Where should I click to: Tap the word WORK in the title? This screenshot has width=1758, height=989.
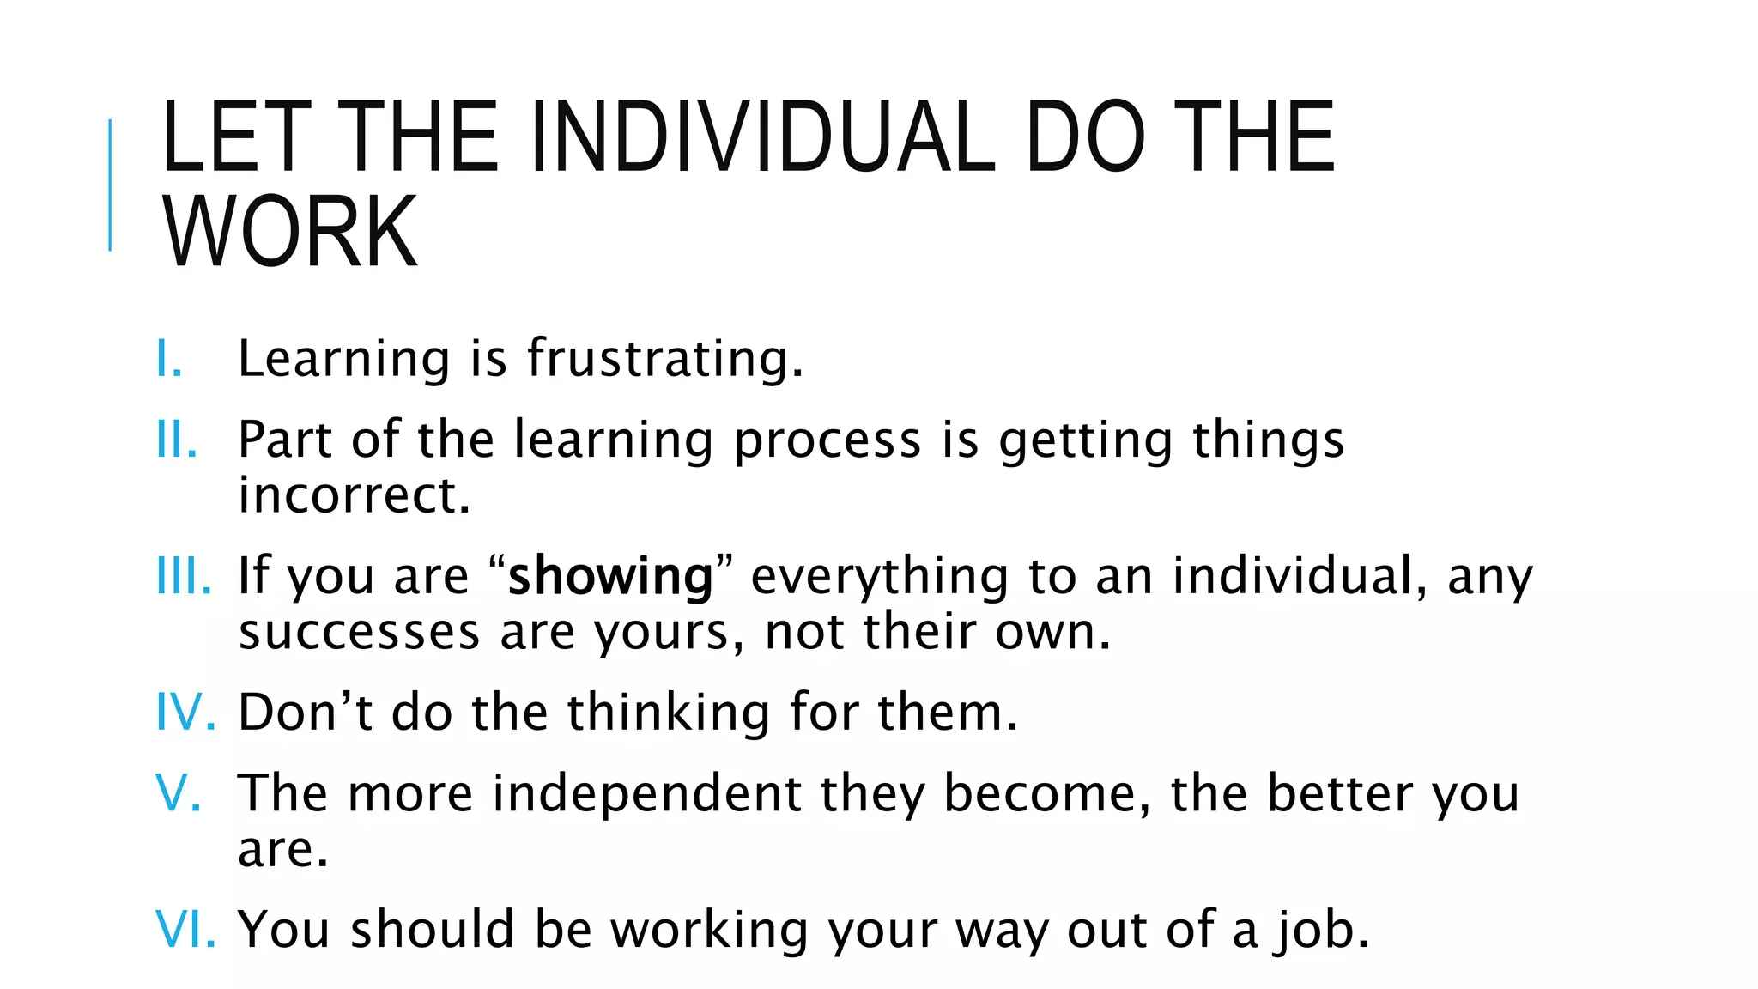pyautogui.click(x=289, y=232)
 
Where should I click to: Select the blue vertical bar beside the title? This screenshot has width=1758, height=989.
pyautogui.click(x=110, y=185)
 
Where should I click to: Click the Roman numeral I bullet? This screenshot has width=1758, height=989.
pyautogui.click(x=168, y=359)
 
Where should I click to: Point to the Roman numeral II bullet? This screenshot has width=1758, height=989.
pyautogui.click(x=176, y=440)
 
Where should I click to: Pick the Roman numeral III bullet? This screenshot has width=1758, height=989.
pyautogui.click(x=183, y=576)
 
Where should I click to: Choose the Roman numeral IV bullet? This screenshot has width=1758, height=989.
pyautogui.click(x=185, y=713)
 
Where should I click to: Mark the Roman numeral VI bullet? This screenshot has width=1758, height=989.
pyautogui.click(x=185, y=930)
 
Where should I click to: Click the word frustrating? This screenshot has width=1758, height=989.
pyautogui.click(x=664, y=359)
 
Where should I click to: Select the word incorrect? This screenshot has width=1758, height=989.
pyautogui.click(x=355, y=495)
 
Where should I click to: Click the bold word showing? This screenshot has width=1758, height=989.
pyautogui.click(x=610, y=577)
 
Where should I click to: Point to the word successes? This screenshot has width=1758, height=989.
pyautogui.click(x=359, y=633)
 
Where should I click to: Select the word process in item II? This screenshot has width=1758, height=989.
pyautogui.click(x=827, y=441)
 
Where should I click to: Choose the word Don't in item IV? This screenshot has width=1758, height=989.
pyautogui.click(x=305, y=713)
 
